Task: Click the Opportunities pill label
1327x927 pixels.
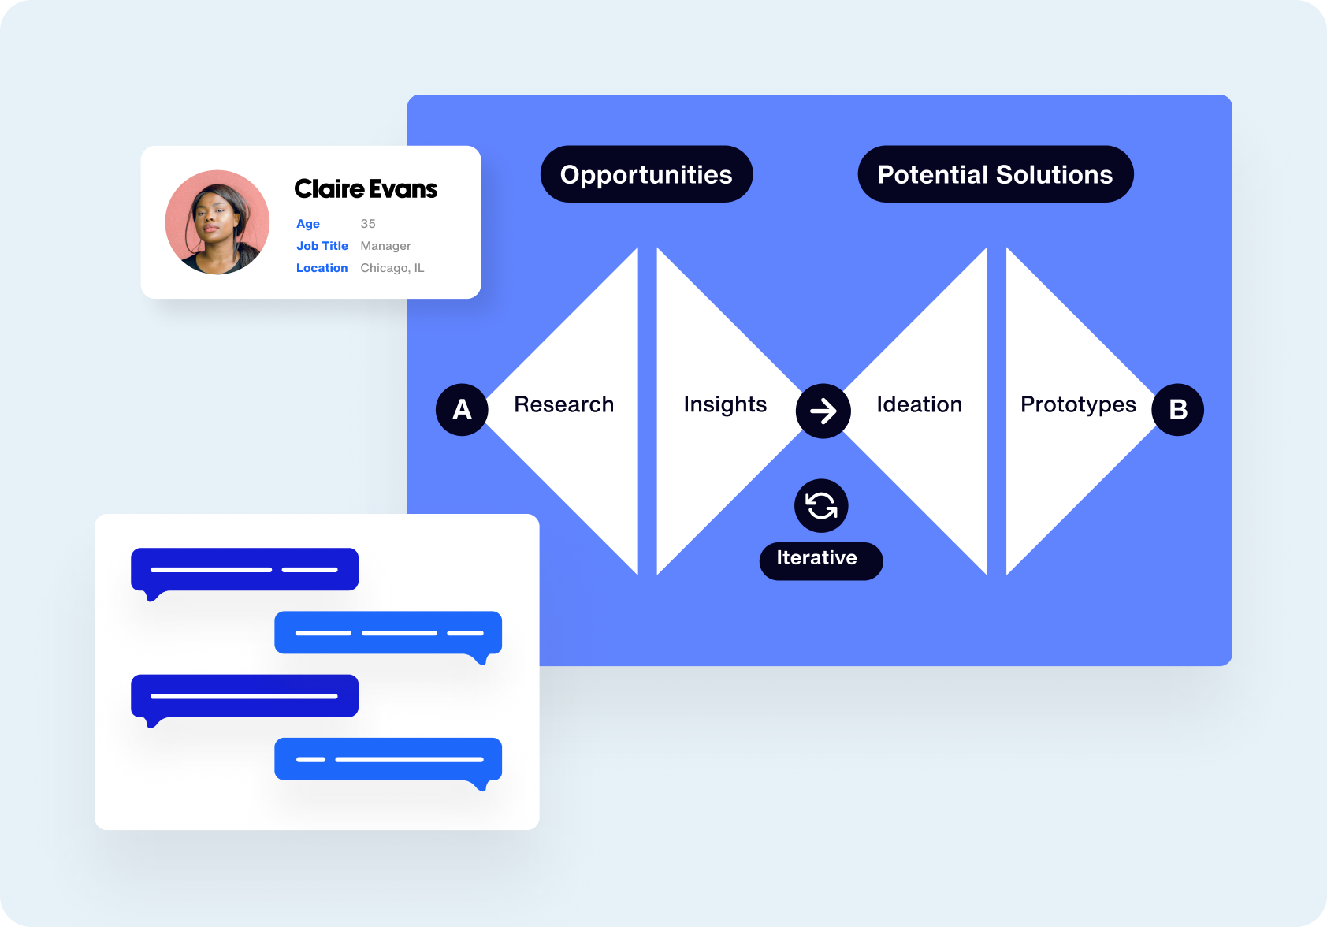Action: pyautogui.click(x=646, y=174)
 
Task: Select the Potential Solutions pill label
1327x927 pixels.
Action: pyautogui.click(x=994, y=174)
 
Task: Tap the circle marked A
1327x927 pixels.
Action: pyautogui.click(x=462, y=410)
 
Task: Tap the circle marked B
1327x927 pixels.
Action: pyautogui.click(x=1177, y=410)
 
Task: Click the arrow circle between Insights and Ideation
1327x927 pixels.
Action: pyautogui.click(x=823, y=411)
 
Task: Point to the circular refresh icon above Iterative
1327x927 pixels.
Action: pyautogui.click(x=821, y=506)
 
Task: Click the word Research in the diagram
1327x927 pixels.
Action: pyautogui.click(x=563, y=404)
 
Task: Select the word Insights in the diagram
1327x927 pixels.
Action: pyautogui.click(x=725, y=404)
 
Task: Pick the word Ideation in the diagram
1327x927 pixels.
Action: pyautogui.click(x=919, y=404)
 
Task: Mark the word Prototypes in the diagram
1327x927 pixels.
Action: pyautogui.click(x=1078, y=404)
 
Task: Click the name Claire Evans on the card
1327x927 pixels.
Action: pyautogui.click(x=366, y=189)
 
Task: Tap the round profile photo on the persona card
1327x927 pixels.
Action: pyautogui.click(x=217, y=222)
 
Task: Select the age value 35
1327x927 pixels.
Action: pyautogui.click(x=368, y=224)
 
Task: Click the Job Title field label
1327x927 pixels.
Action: pyautogui.click(x=322, y=246)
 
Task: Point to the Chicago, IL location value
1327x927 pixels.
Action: pyautogui.click(x=392, y=268)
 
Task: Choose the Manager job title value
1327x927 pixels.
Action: pyautogui.click(x=385, y=246)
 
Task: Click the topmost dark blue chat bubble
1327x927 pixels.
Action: pyautogui.click(x=244, y=569)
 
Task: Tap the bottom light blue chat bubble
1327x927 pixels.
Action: pyautogui.click(x=388, y=759)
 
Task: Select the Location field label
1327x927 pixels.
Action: pyautogui.click(x=322, y=268)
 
